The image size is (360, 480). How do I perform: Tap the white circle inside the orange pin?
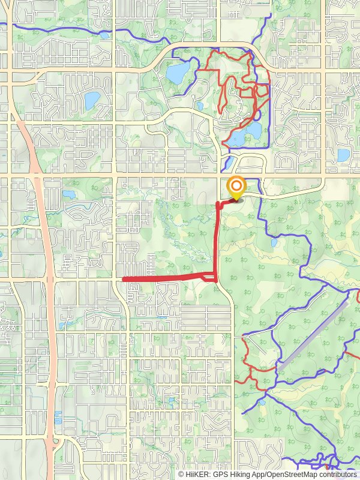[x=237, y=185]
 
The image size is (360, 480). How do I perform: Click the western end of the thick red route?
[x=124, y=279]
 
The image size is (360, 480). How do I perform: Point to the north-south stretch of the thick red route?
[x=217, y=240]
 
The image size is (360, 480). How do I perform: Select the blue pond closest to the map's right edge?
[x=343, y=155]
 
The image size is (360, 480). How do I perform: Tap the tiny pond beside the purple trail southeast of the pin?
[x=274, y=243]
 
